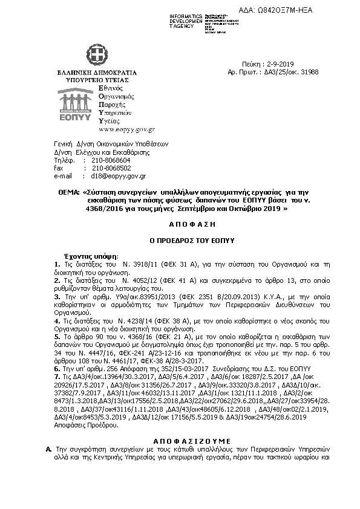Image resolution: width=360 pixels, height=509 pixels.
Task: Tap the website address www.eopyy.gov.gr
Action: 127,129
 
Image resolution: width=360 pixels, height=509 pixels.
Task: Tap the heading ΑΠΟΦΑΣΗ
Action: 179,223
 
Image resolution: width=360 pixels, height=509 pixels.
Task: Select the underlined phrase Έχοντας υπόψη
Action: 91,256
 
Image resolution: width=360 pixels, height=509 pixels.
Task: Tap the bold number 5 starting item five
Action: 56,335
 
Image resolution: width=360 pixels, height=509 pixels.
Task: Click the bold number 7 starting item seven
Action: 56,376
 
